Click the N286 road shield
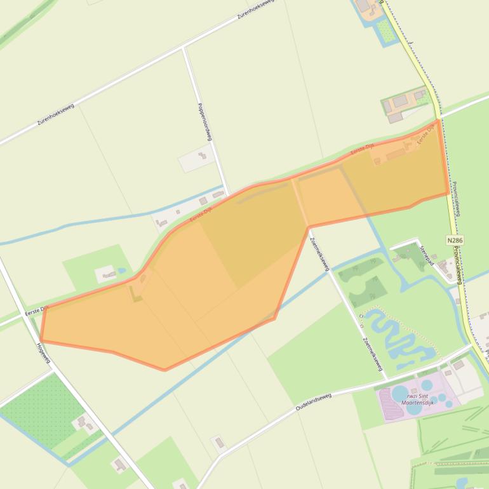coord(455,241)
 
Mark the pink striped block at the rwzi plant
coord(391,408)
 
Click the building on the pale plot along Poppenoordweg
coord(203,156)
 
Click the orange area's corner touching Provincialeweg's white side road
coord(438,120)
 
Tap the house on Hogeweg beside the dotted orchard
coord(83,422)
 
